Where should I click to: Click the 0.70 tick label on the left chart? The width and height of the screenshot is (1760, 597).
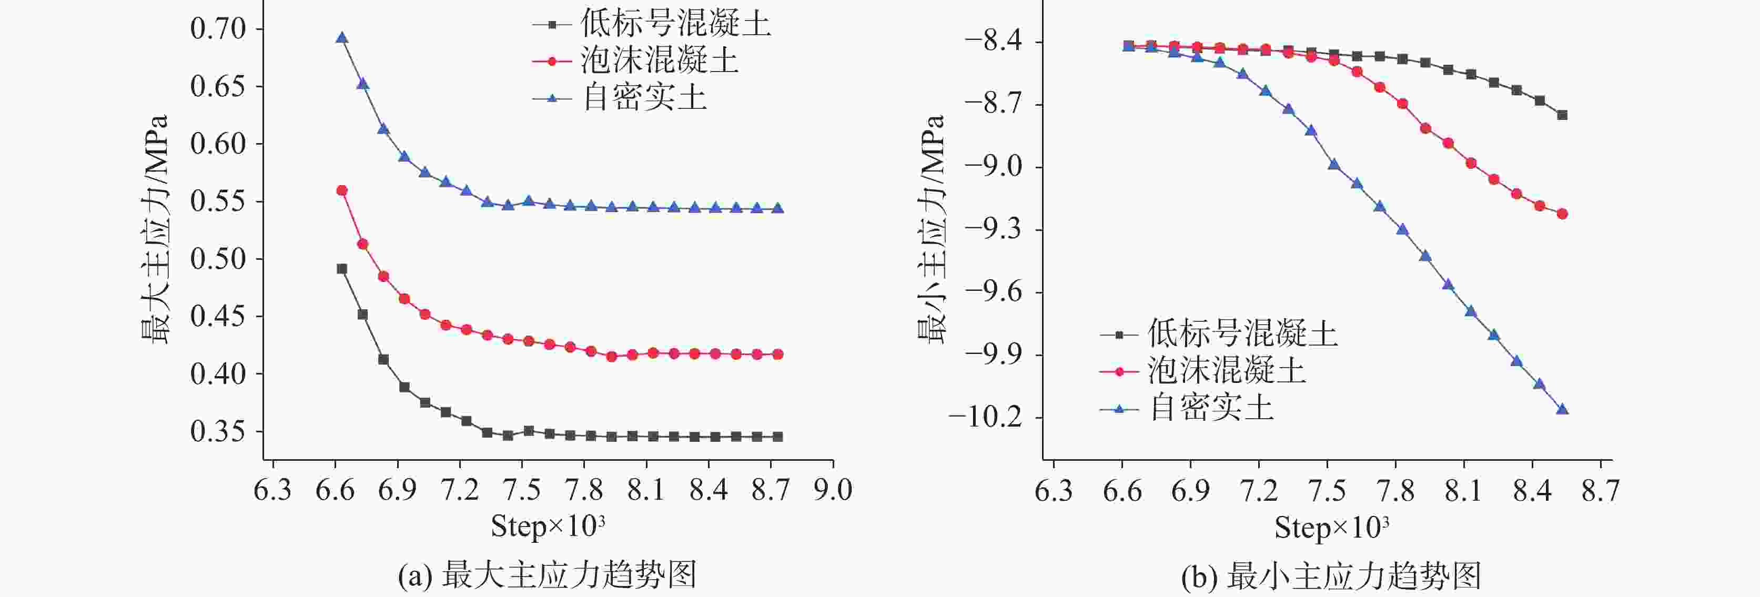click(x=217, y=29)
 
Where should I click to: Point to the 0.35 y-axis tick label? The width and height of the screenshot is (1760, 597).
click(x=217, y=431)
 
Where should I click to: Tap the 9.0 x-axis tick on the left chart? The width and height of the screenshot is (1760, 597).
click(x=833, y=490)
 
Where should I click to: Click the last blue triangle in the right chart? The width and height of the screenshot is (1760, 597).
click(x=1562, y=409)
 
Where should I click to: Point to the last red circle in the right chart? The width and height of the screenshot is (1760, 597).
click(x=1562, y=214)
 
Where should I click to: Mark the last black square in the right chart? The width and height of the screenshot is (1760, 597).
click(x=1562, y=115)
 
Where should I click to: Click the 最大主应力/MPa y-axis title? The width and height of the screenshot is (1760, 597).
click(x=155, y=229)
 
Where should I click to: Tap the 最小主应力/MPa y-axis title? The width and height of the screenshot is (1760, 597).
click(x=931, y=229)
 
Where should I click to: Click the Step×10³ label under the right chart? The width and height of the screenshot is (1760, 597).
click(x=1331, y=527)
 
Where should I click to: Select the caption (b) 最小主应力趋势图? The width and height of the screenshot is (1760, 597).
click(x=1331, y=575)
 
